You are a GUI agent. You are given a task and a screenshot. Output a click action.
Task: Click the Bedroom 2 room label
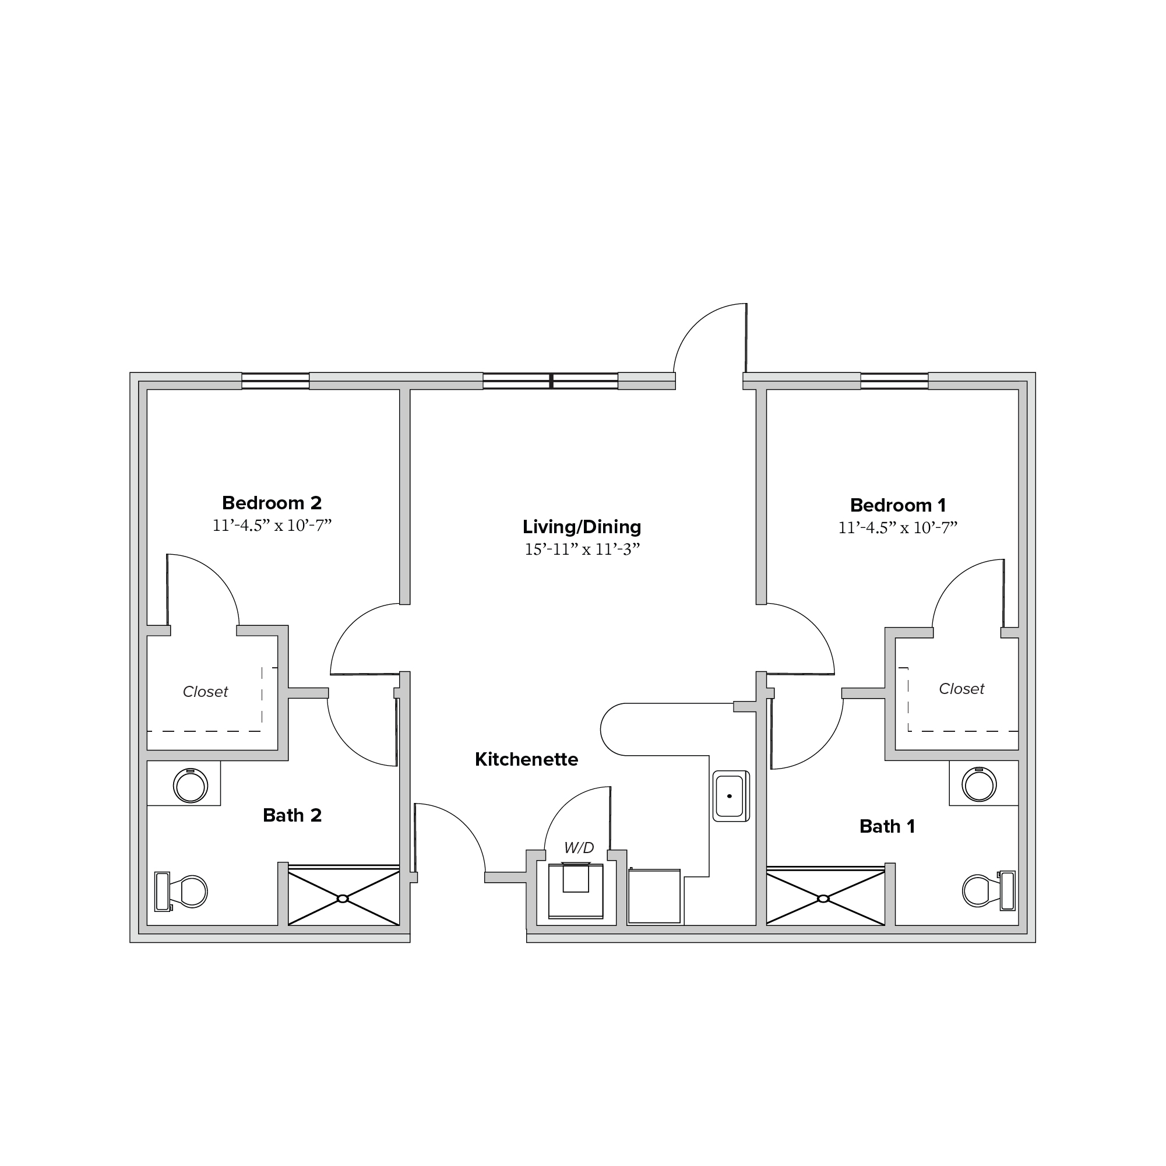(272, 503)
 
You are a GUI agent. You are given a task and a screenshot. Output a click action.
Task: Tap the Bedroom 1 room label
(898, 505)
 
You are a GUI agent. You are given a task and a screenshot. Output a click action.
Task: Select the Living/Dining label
(582, 527)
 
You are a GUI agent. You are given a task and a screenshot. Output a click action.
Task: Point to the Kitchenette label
(526, 759)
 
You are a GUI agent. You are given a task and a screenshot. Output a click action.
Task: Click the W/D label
(579, 848)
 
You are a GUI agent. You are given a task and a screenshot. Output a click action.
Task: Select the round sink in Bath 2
(191, 785)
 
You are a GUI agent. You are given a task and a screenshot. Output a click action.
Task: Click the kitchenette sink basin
(731, 796)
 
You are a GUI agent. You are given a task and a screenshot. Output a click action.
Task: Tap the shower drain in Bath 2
(343, 899)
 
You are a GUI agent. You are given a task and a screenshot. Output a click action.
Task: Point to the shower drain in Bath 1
(823, 899)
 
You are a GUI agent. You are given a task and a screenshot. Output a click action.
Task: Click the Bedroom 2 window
(275, 382)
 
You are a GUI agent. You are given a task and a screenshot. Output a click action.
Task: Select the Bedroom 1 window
(894, 382)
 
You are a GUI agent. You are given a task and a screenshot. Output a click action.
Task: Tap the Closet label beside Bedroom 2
(205, 692)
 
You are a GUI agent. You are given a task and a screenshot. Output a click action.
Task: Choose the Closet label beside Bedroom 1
(961, 689)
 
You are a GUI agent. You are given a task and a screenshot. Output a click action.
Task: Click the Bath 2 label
(292, 815)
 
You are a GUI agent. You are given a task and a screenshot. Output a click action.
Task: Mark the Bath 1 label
(887, 826)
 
